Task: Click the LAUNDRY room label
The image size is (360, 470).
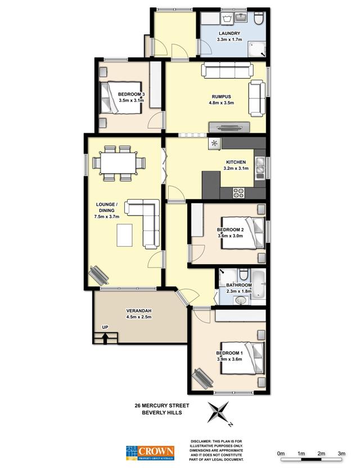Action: click(x=229, y=33)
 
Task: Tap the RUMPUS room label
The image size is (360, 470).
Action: click(x=221, y=97)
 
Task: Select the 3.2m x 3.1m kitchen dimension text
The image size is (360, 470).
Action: click(x=236, y=168)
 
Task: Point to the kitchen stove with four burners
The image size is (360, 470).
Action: click(x=239, y=192)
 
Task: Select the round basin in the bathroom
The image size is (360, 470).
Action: click(x=241, y=300)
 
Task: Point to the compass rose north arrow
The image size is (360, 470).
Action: click(x=218, y=413)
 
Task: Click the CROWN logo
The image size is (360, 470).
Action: click(x=150, y=453)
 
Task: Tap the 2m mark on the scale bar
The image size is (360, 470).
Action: click(x=321, y=454)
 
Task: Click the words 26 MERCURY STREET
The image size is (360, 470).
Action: click(x=161, y=405)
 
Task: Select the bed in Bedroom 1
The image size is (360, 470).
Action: click(x=242, y=358)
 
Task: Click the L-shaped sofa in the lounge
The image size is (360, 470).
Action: click(x=143, y=223)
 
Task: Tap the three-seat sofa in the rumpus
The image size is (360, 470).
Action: click(x=227, y=70)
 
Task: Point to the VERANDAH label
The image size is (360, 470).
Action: click(x=138, y=311)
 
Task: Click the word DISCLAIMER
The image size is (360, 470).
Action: click(x=202, y=441)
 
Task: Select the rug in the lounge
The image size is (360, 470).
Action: click(x=124, y=236)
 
